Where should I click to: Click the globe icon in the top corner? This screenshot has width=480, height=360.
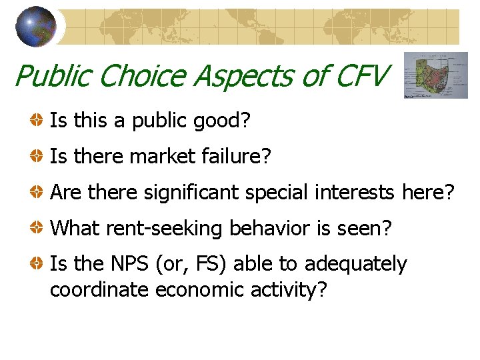35,27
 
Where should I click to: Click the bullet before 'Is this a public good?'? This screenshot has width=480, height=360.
38,121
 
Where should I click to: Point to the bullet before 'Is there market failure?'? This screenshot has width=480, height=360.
38,157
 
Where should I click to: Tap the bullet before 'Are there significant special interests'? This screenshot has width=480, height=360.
38,193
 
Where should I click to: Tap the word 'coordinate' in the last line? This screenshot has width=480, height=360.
99,291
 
